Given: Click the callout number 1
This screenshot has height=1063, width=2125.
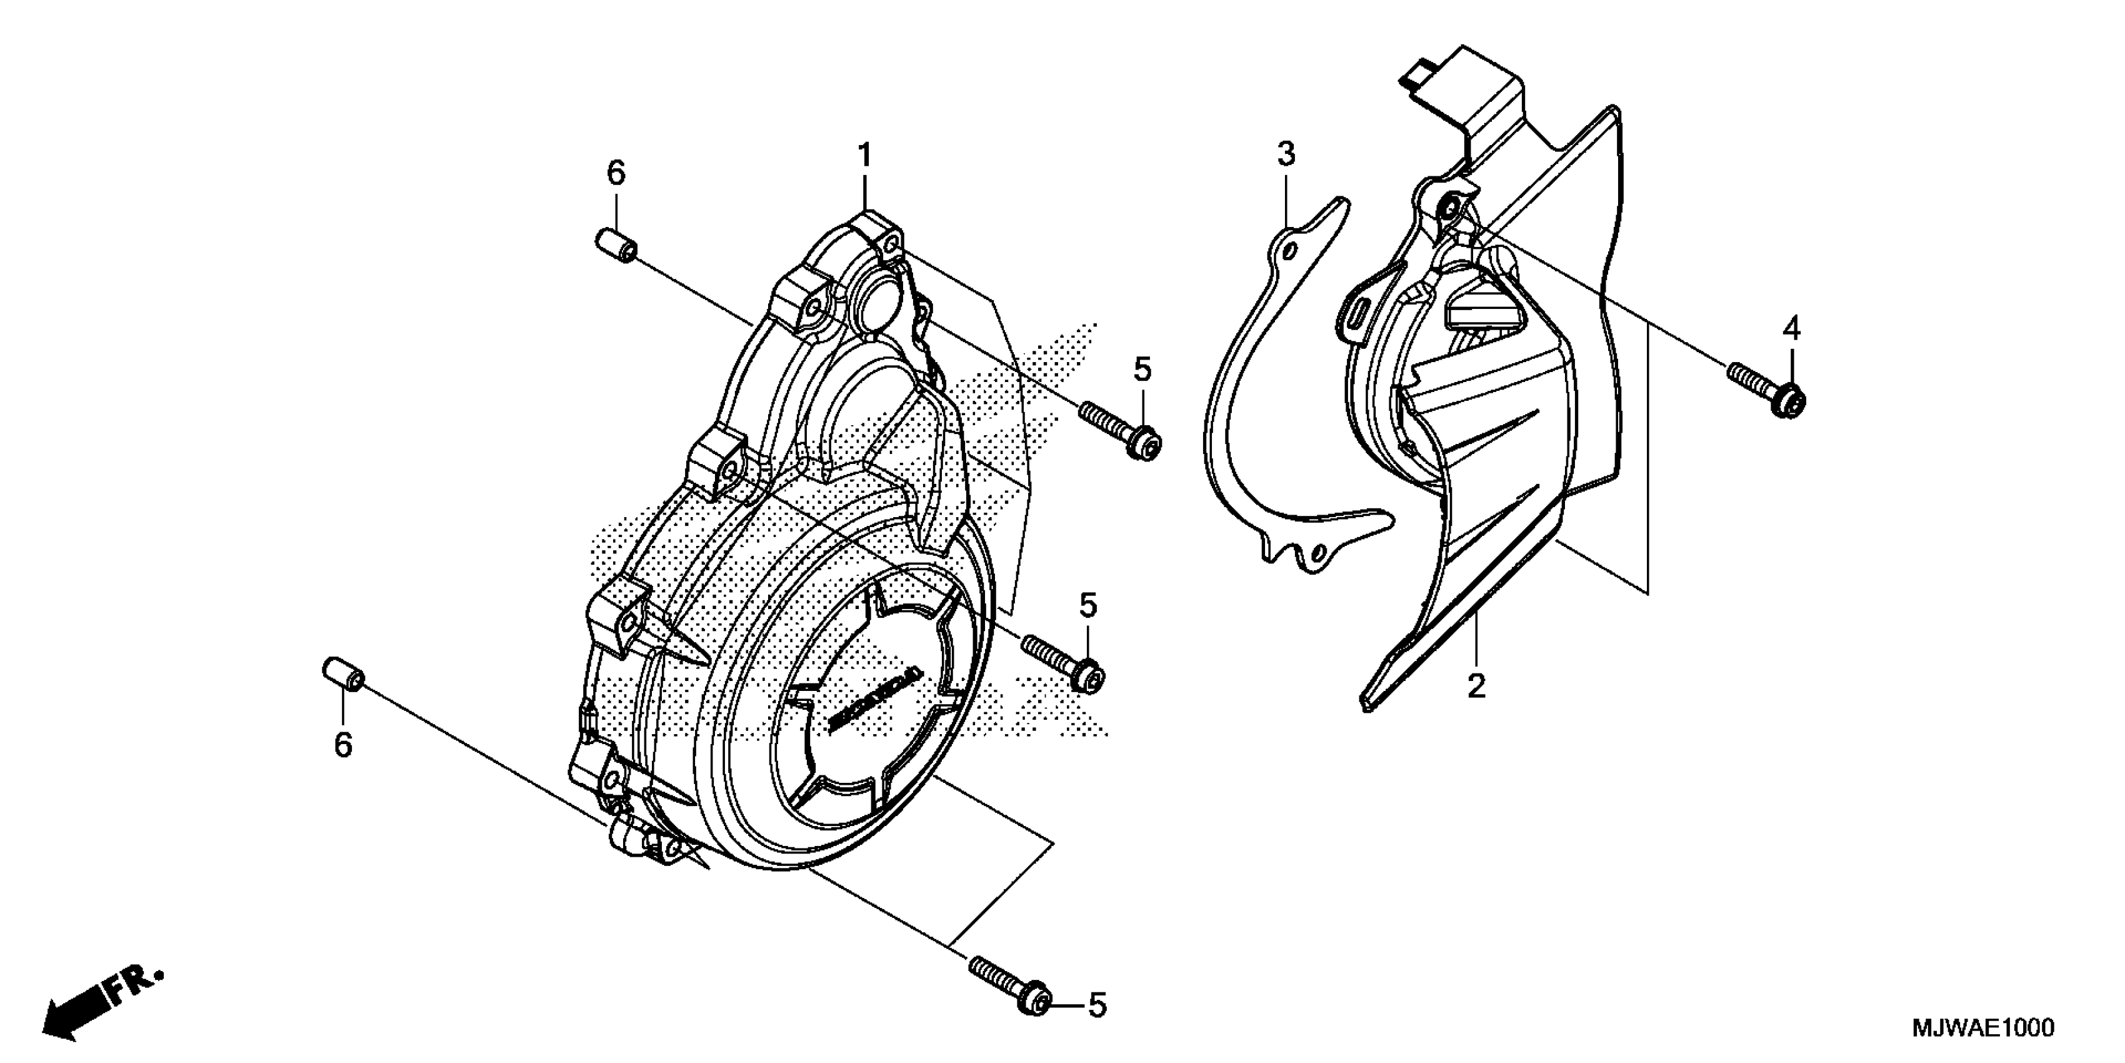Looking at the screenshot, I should coord(864,155).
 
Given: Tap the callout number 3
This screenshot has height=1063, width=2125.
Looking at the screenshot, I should coord(1286,154).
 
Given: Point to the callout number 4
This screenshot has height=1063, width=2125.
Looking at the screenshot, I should coord(1790,330).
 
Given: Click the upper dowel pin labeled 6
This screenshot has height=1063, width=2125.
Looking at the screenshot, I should coord(616,246).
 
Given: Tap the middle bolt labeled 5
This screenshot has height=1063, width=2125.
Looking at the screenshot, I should coord(1062,660).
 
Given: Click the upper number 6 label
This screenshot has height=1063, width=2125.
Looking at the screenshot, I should coord(616,174).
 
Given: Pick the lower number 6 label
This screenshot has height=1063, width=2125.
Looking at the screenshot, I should coord(343,745).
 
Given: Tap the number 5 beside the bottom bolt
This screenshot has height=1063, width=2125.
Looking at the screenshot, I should coord(1096,1005).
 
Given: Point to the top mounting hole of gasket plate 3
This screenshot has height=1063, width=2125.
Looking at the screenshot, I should coord(1289,250).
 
